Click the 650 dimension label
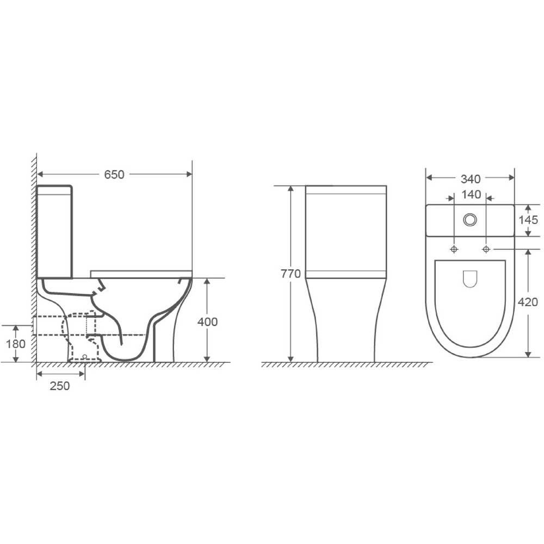coord(114,175)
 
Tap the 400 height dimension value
coord(207,322)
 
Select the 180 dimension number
coord(16,344)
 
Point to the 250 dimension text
coord(60,386)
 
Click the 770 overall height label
coord(290,274)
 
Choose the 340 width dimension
coord(471,179)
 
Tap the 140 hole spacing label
coord(471,195)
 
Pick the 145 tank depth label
coord(528,220)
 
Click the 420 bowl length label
coord(528,302)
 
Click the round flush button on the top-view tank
coord(470,220)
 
